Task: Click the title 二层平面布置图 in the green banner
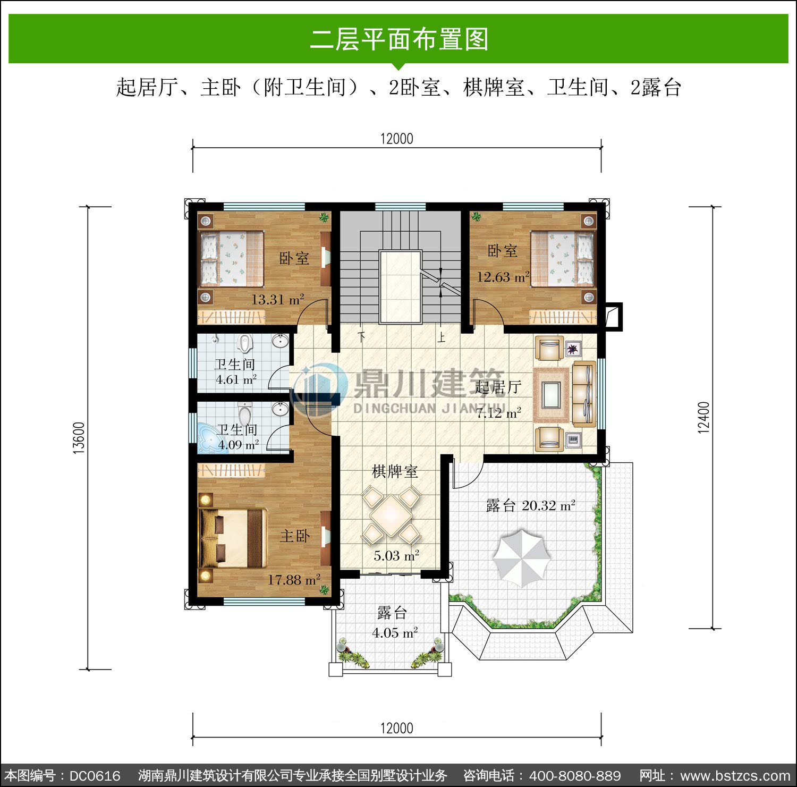coord(398,39)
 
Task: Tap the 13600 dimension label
coord(79,438)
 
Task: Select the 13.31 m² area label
coord(277,299)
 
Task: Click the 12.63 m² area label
coord(503,276)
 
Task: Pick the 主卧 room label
coord(295,536)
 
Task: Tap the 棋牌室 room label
coord(395,471)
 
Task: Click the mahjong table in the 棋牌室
coord(391,515)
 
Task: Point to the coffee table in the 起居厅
coord(551,395)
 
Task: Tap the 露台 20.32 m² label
coord(530,505)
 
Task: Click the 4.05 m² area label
coord(395,633)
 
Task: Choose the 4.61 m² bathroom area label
coord(236,380)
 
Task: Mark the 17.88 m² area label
coord(293,580)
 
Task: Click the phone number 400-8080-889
coord(575,776)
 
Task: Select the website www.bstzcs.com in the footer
coord(735,776)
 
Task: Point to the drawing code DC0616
coord(95,776)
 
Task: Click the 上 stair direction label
coord(441,337)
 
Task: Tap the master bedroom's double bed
coord(233,538)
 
